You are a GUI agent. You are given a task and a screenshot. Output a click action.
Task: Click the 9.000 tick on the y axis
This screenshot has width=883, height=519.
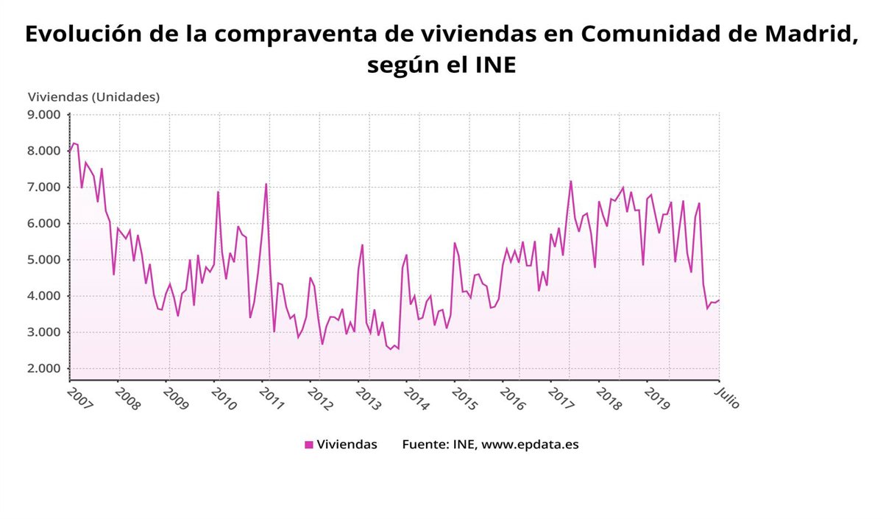(x=45, y=115)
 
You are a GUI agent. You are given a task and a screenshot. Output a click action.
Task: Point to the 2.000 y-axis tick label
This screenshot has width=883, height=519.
(x=45, y=369)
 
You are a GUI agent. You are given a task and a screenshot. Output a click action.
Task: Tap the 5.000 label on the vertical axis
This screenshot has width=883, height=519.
(x=45, y=260)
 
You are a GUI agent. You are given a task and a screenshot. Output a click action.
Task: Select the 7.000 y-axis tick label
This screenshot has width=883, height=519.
(x=45, y=187)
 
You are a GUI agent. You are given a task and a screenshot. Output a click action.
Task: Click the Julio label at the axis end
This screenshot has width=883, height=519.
(x=727, y=398)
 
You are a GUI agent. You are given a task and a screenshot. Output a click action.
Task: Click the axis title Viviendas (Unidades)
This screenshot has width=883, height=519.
(x=93, y=96)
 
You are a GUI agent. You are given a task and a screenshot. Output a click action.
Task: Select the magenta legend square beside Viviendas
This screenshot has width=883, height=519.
(x=309, y=445)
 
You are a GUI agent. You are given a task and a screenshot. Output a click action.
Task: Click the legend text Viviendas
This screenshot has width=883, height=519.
(x=347, y=445)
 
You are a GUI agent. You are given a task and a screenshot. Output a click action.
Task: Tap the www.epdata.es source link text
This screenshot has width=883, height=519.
(x=530, y=445)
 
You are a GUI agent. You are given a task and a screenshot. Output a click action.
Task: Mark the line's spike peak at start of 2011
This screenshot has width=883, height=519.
(x=266, y=184)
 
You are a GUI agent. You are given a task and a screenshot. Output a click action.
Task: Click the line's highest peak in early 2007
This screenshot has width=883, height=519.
(x=73, y=143)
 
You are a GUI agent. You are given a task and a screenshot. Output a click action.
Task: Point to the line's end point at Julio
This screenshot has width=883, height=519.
(x=719, y=300)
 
